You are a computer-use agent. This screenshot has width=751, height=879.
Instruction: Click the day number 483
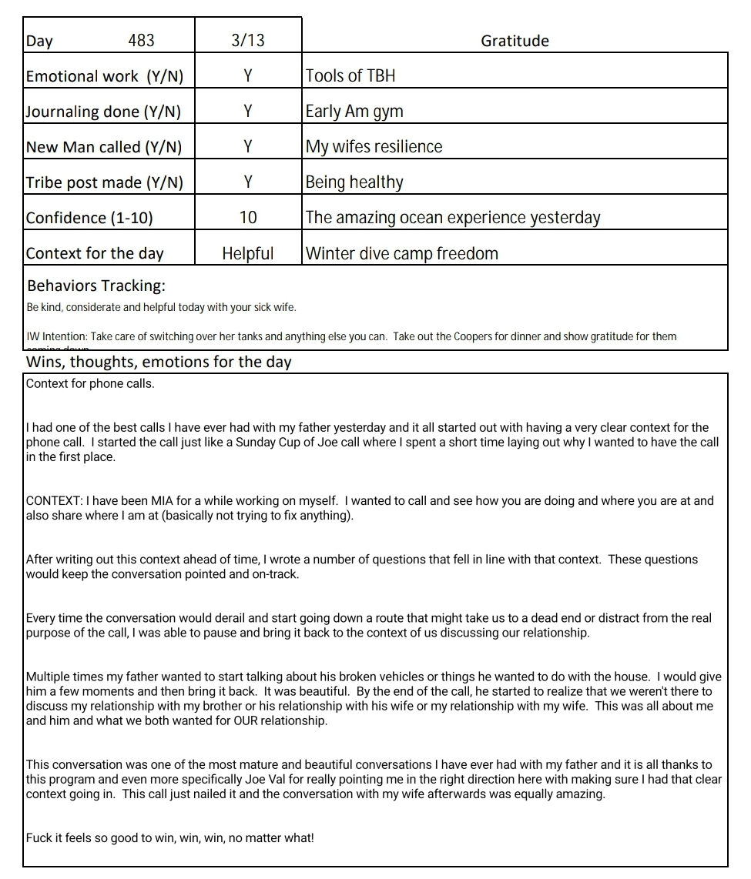(141, 40)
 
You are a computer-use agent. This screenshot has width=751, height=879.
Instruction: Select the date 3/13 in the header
(247, 40)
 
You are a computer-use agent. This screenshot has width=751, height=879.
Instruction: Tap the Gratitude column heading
(515, 41)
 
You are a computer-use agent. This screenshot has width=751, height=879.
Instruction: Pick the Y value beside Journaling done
(248, 112)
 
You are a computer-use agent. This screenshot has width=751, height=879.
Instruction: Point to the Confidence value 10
(248, 218)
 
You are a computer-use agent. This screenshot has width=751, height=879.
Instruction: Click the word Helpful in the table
(248, 253)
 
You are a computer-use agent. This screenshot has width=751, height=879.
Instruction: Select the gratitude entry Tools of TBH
(350, 75)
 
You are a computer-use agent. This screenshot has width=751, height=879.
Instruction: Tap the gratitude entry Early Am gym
(354, 112)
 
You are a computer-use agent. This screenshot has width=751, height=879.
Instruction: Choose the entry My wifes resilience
(374, 147)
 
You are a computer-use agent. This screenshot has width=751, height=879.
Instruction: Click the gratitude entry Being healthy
(354, 182)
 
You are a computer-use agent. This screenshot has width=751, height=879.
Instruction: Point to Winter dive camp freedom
(402, 253)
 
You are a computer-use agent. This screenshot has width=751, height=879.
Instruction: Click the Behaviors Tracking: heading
(96, 286)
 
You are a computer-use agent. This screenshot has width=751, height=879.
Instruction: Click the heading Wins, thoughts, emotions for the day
(159, 362)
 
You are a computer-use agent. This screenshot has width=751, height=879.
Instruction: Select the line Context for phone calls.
(90, 383)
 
